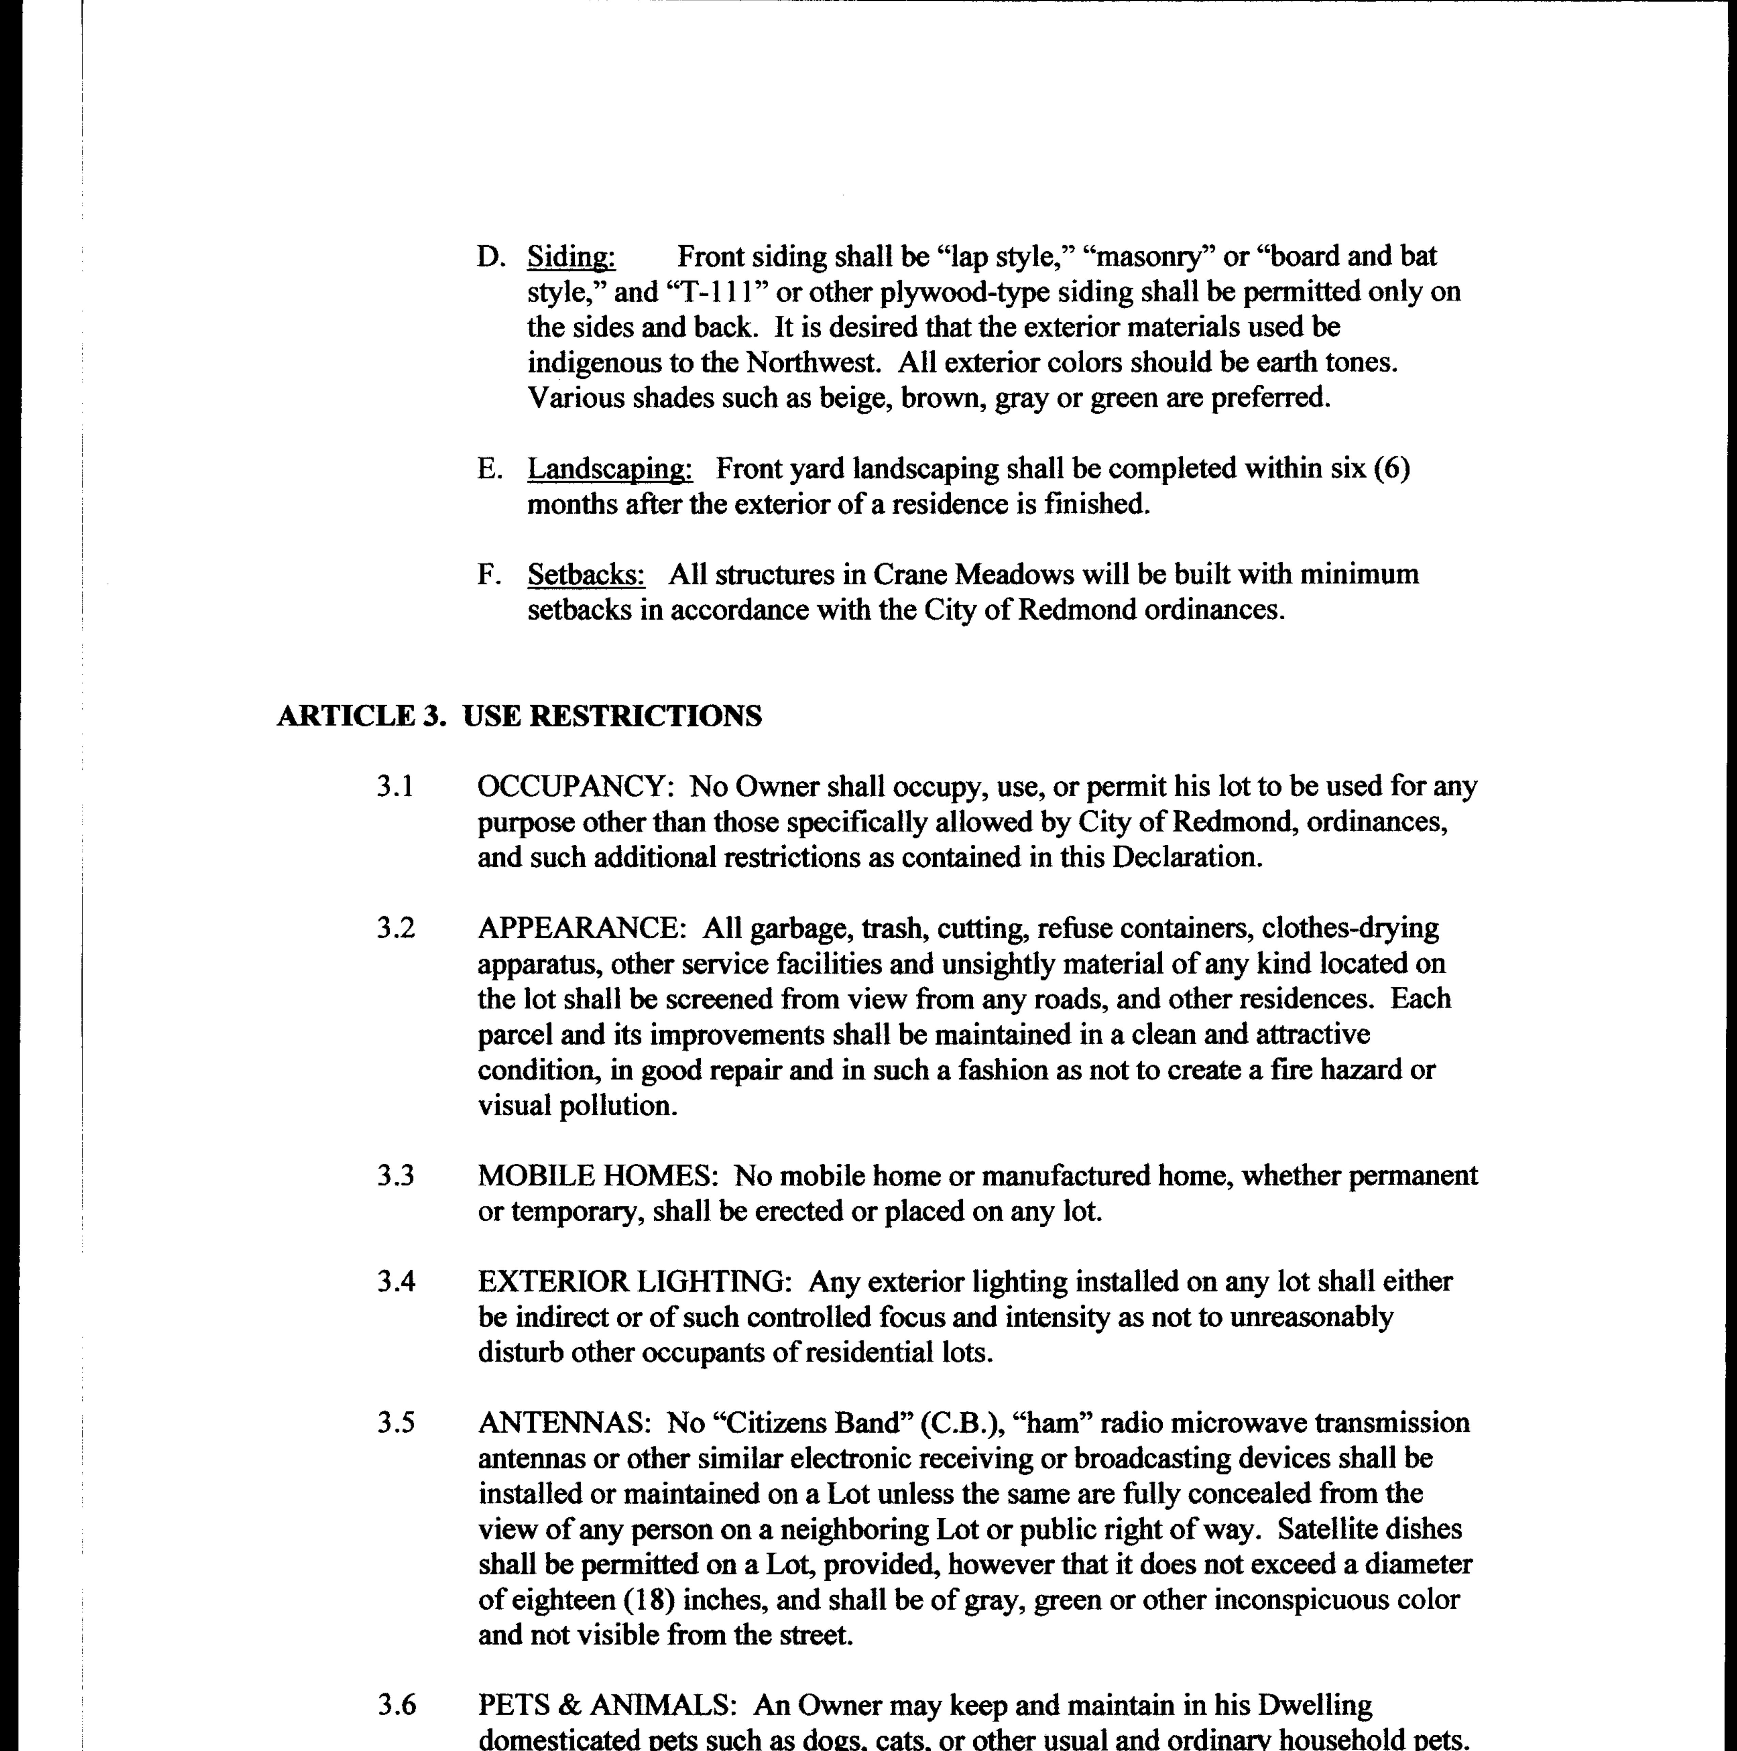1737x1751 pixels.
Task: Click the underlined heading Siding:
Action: point(571,257)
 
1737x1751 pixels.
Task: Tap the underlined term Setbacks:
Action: point(587,575)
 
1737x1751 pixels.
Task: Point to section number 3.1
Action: point(395,786)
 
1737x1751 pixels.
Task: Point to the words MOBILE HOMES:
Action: point(598,1175)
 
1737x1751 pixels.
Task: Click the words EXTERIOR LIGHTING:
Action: point(636,1282)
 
